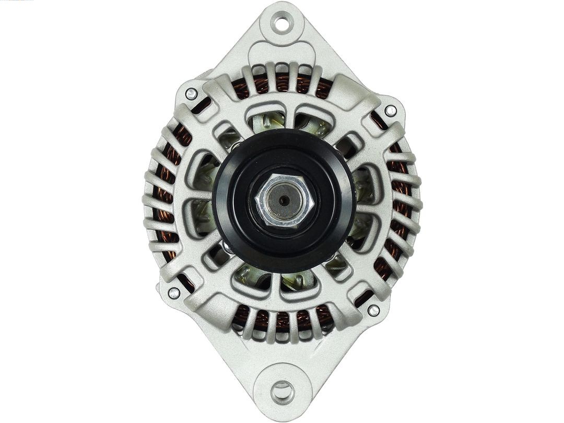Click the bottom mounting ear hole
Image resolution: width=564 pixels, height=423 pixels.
pos(282,391)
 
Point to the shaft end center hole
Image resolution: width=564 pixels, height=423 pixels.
pos(283,199)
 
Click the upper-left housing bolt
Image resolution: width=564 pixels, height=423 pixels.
pos(191,94)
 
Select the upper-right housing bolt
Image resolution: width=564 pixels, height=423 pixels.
pos(390,111)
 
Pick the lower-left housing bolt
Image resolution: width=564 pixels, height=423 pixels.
pos(173,293)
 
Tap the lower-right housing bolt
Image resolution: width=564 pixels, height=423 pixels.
pos(373,310)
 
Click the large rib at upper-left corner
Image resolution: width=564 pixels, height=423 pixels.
pos(219,89)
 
